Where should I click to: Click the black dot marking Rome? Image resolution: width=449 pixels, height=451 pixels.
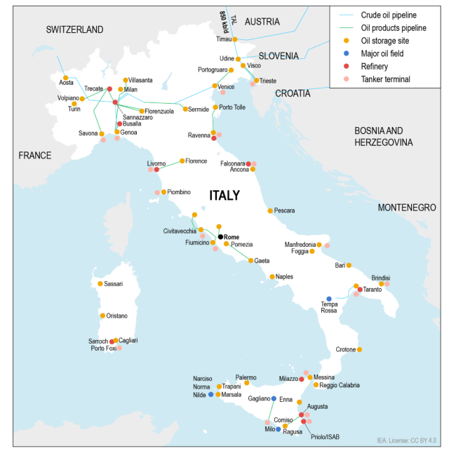[x=220, y=237]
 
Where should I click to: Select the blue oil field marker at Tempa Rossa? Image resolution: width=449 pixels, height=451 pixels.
[x=328, y=299]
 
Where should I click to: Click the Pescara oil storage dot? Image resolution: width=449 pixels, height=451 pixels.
[x=269, y=210]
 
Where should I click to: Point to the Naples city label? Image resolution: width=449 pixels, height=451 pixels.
[x=284, y=276]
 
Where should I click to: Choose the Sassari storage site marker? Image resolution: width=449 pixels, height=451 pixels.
[x=100, y=283]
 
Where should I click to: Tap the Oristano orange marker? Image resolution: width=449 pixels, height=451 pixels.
[x=102, y=316]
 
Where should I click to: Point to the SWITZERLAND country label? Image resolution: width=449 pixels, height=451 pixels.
[x=74, y=29]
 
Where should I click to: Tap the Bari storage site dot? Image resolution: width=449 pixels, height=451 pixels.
[x=349, y=265]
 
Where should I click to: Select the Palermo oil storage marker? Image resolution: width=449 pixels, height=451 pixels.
[x=246, y=383]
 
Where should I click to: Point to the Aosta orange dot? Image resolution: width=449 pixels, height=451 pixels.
[x=65, y=78]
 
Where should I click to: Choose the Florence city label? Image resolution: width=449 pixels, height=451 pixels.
[x=196, y=161]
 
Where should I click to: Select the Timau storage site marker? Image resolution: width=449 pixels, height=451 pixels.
[x=234, y=39]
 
